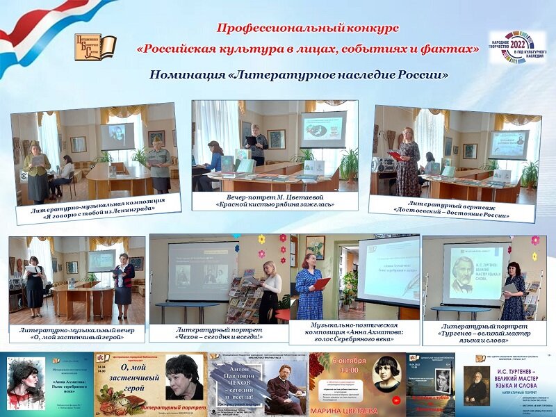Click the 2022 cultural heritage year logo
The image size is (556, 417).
tap(517, 47)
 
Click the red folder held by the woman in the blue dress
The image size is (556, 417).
tap(320, 283)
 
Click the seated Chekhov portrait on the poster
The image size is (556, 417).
tap(284, 392)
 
